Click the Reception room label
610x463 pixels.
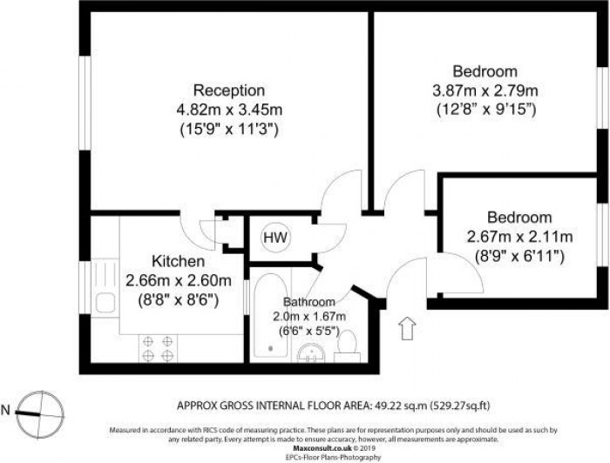pyautogui.click(x=229, y=91)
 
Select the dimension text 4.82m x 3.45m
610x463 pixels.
pyautogui.click(x=229, y=110)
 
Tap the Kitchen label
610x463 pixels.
pyautogui.click(x=179, y=261)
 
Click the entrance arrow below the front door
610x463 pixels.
pyautogui.click(x=405, y=329)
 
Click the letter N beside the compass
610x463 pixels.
pyautogui.click(x=8, y=409)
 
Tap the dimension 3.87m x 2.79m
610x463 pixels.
pyautogui.click(x=485, y=91)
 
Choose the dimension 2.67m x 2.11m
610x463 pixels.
pyautogui.click(x=519, y=237)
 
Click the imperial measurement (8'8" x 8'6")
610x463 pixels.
pyautogui.click(x=179, y=299)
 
